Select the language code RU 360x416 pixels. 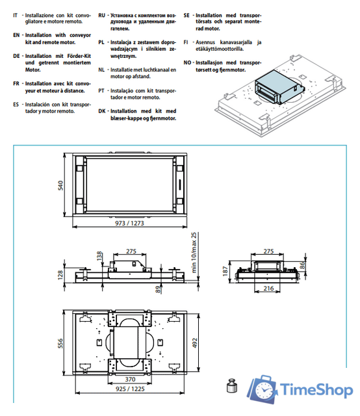coord(102,14)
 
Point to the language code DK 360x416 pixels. coord(102,110)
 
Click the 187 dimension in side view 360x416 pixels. coord(225,270)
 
